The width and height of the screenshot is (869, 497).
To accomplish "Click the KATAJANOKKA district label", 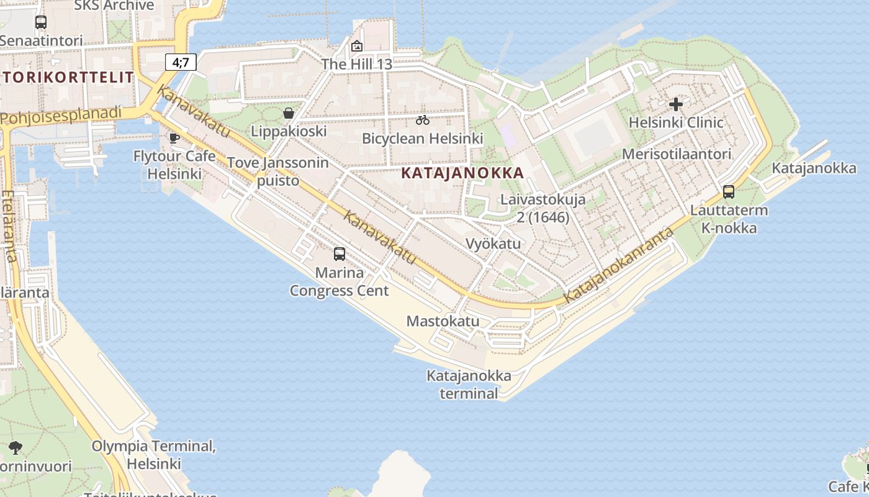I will (462, 173).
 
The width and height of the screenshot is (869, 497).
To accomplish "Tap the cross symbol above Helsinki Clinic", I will (676, 104).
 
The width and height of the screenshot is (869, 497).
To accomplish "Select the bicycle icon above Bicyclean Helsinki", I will (423, 120).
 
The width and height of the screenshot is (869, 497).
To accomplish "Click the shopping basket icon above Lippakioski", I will (289, 113).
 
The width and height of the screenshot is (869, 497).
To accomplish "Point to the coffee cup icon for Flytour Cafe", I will (174, 138).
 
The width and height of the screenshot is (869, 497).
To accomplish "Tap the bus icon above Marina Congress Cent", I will (340, 253).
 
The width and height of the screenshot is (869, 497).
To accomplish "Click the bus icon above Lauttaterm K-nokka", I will (729, 192).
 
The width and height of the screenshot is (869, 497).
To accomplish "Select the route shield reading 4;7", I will (181, 62).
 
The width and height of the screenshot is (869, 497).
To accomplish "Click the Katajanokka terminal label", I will (469, 385).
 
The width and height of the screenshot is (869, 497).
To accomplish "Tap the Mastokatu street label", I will (443, 321).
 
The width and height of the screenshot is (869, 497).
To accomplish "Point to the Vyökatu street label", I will (493, 244).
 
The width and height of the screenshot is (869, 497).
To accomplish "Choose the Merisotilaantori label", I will (677, 154).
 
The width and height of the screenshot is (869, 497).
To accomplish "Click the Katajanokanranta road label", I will (619, 265).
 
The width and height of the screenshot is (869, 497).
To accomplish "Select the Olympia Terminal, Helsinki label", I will (153, 455).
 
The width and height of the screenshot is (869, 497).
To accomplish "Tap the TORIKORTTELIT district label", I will (68, 78).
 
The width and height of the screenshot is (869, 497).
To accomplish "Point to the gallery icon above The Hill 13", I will (357, 46).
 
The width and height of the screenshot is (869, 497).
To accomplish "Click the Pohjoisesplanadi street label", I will (61, 116).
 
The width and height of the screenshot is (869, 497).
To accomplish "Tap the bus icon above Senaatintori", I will (41, 22).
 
